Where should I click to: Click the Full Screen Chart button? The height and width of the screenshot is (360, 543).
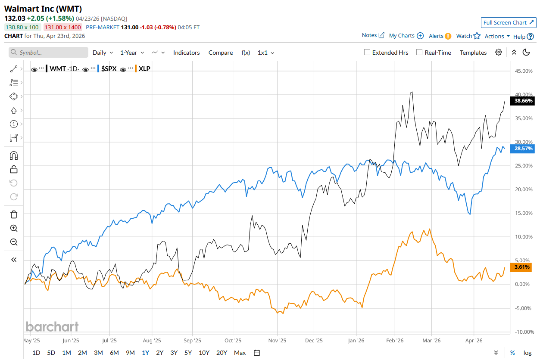(509, 22)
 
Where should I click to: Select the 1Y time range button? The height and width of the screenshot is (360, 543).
(146, 353)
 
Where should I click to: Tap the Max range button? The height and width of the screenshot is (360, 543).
(240, 353)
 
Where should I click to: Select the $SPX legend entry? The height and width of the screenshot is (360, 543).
(108, 68)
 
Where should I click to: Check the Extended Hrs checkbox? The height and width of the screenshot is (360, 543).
(367, 53)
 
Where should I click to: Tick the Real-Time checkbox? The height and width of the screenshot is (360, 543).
(419, 53)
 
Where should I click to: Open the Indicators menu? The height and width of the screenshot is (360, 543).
(186, 53)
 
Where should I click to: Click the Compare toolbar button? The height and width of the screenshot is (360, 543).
(221, 53)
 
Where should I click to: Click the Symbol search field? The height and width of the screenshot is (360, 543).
(48, 53)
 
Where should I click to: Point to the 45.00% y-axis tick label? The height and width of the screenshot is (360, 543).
(524, 71)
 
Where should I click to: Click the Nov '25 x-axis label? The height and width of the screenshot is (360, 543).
(278, 340)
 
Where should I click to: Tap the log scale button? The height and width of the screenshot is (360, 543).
(527, 353)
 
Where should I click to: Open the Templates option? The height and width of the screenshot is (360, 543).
(473, 53)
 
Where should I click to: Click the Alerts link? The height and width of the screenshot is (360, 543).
(440, 36)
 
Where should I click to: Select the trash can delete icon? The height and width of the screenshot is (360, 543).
(14, 214)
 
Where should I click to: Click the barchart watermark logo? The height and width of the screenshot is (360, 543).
(52, 326)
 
